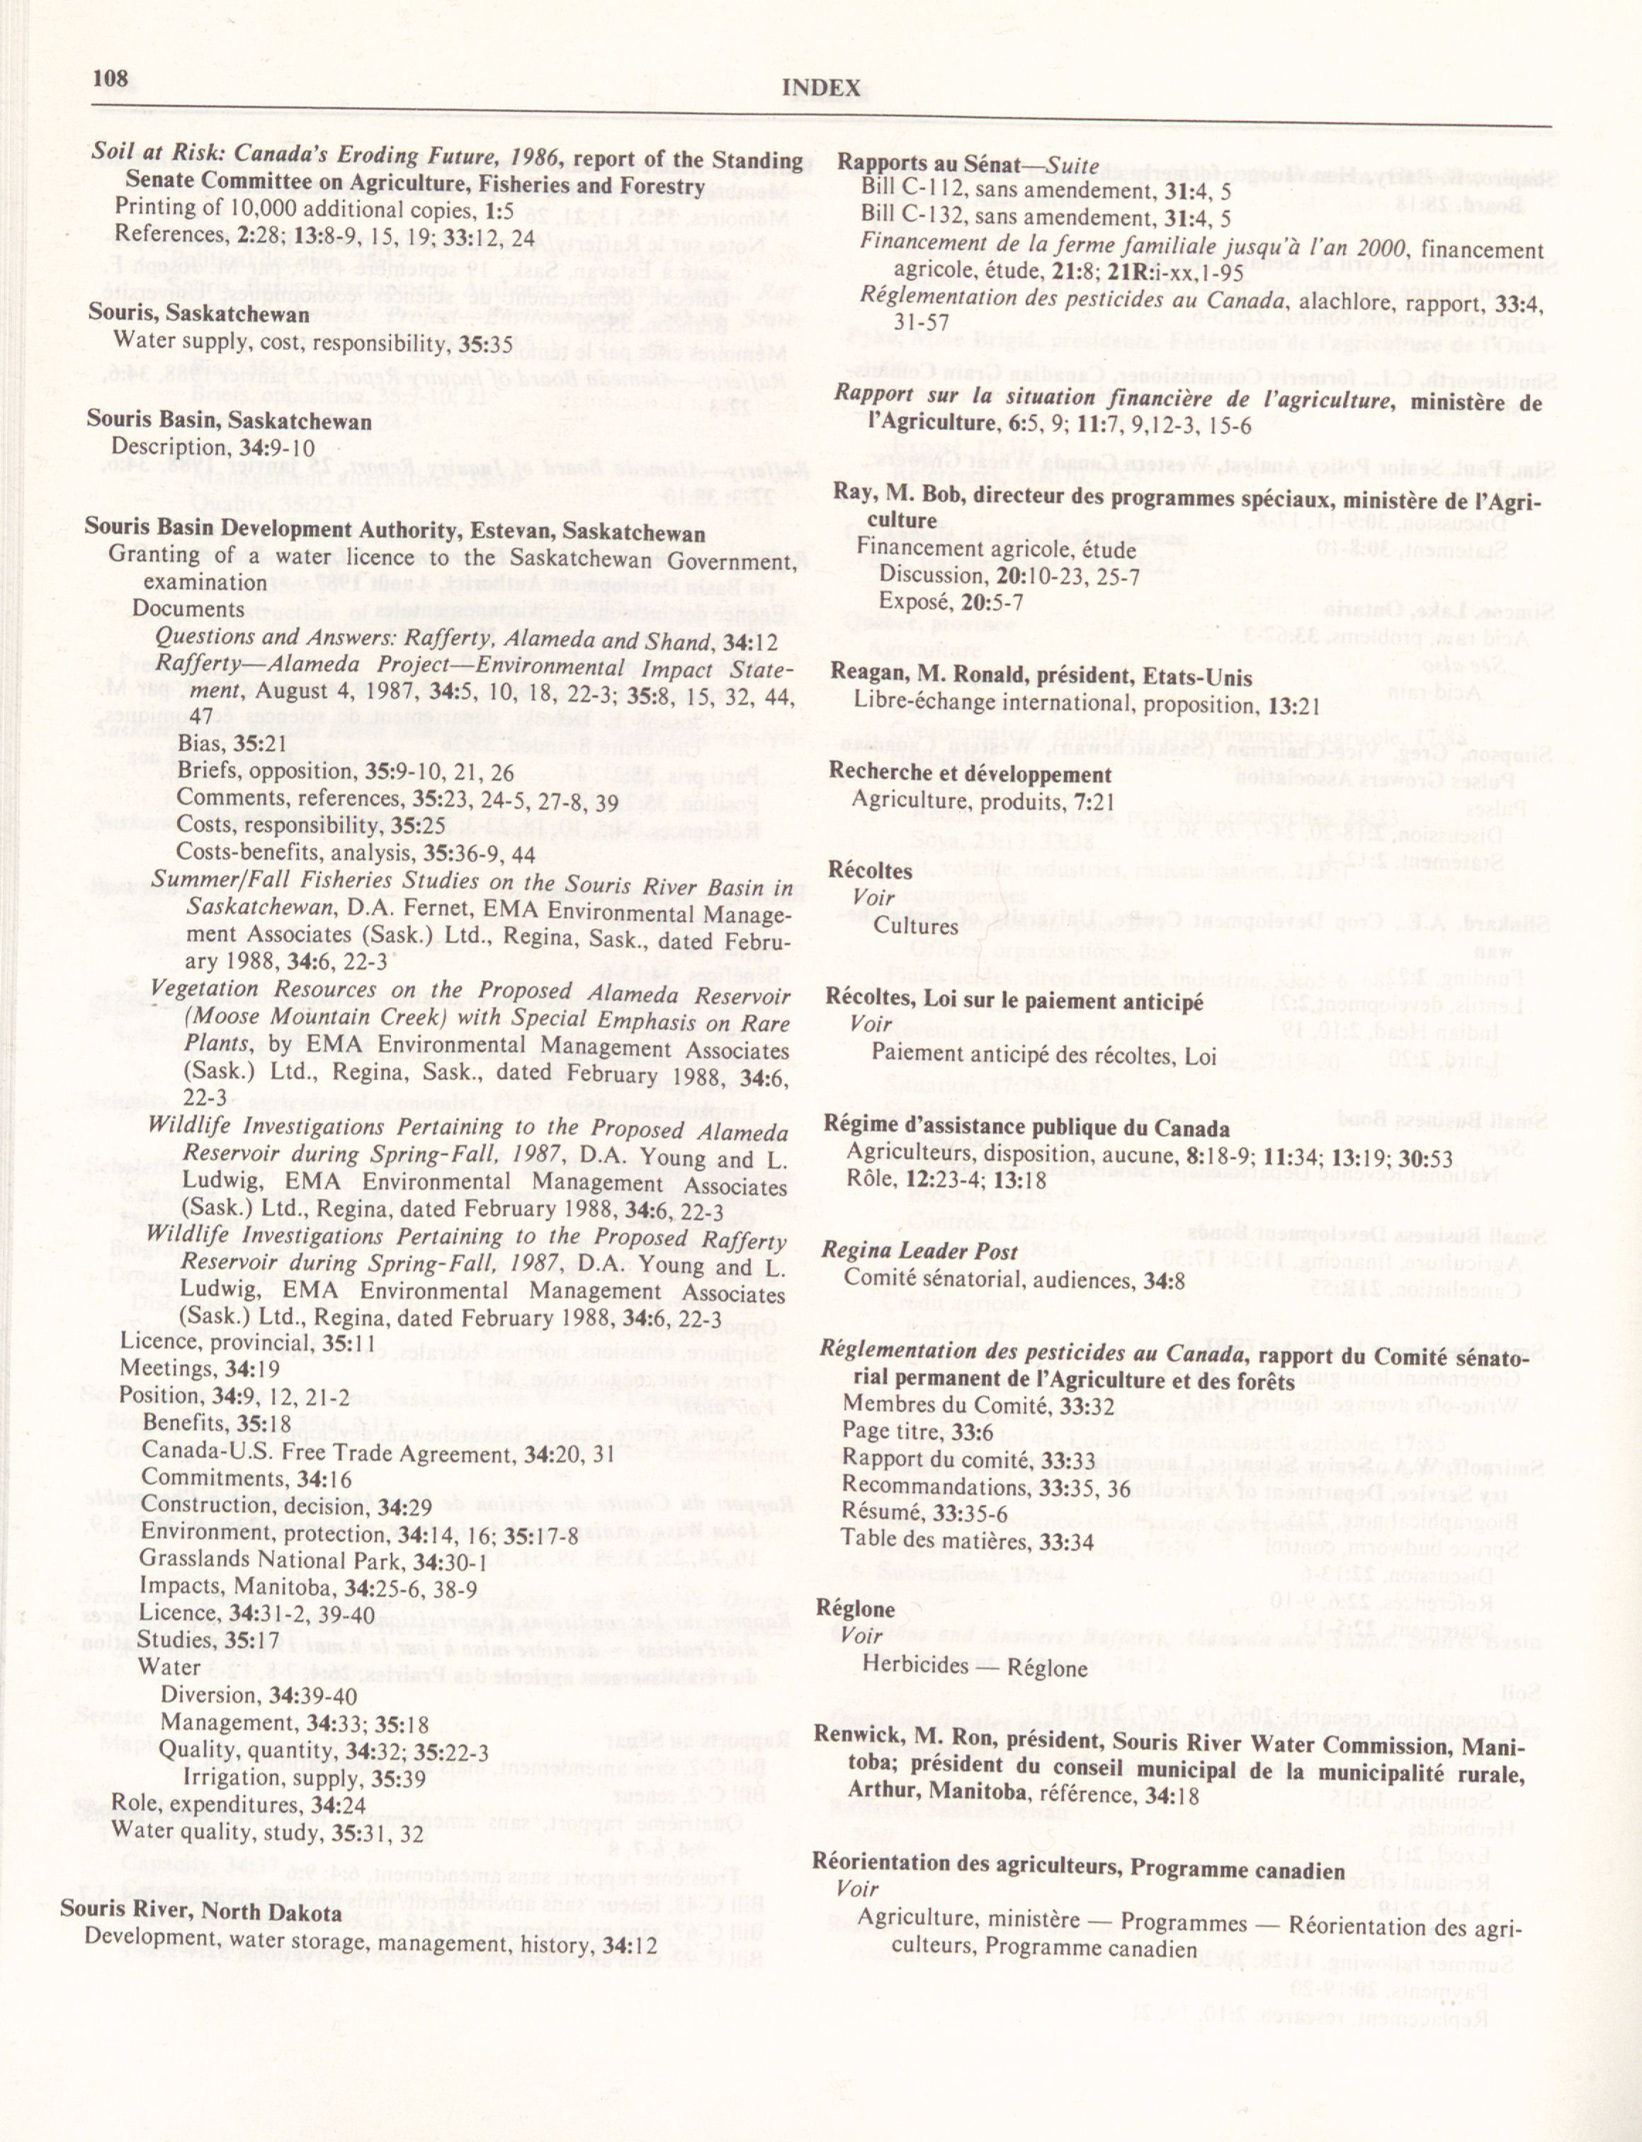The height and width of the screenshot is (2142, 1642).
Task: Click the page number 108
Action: tap(113, 77)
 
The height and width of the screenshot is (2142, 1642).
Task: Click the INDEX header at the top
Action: tap(821, 89)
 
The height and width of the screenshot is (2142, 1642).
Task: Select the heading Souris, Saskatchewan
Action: tap(198, 314)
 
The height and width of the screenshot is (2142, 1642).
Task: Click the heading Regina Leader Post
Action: tap(919, 1251)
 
